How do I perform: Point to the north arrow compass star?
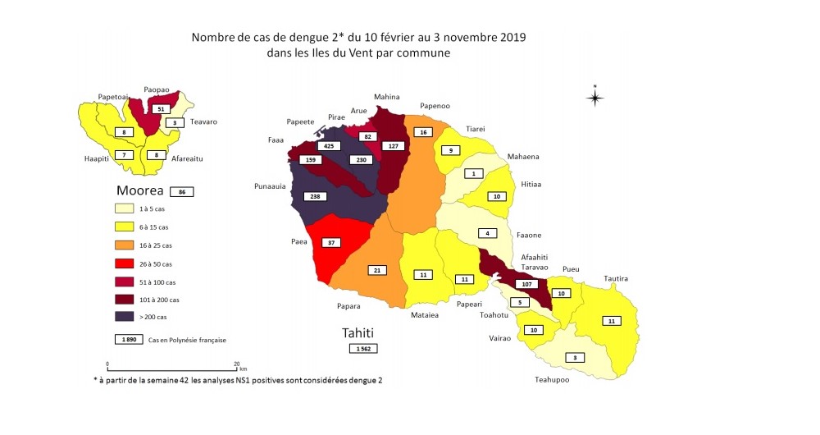[x=595, y=97]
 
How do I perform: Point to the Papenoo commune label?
[x=435, y=106]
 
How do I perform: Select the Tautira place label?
[x=617, y=279]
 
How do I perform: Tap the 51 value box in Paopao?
[x=162, y=109]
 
